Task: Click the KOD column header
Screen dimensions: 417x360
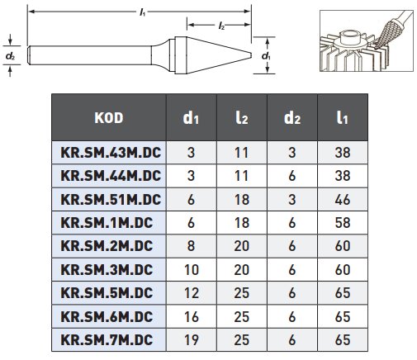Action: click(109, 118)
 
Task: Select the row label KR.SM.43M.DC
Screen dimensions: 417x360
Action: click(111, 153)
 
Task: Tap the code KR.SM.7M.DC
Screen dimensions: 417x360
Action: click(107, 340)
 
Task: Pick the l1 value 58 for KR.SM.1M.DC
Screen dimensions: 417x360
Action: click(343, 223)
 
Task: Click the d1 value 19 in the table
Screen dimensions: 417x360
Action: click(192, 340)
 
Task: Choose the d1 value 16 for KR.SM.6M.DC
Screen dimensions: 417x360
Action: click(192, 316)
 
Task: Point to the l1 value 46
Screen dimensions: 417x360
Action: click(343, 200)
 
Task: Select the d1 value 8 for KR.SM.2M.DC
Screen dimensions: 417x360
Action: click(191, 246)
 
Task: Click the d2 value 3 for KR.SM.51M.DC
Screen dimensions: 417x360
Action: click(292, 200)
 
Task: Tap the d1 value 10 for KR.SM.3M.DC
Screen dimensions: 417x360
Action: click(192, 270)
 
